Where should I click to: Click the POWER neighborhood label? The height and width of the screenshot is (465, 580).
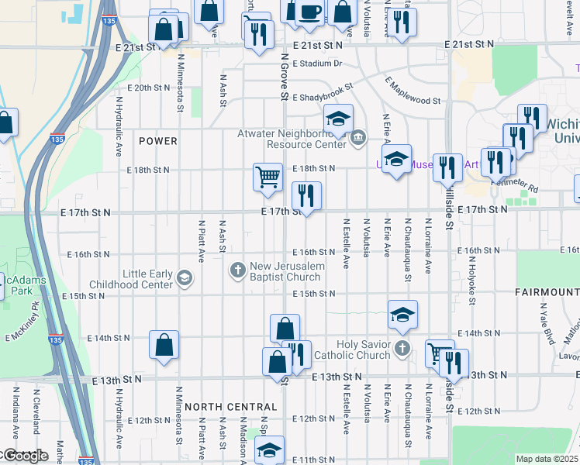[158, 141]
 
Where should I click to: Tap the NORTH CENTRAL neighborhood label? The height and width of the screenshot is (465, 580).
[231, 407]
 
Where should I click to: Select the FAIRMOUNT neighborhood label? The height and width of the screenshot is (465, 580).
[547, 292]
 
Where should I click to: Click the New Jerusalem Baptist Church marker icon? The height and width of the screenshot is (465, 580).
[238, 270]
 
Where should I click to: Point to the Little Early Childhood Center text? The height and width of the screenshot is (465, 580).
[147, 279]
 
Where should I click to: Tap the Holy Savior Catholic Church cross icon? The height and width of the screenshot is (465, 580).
[401, 348]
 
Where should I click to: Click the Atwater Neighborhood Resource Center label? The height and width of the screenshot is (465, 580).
[291, 139]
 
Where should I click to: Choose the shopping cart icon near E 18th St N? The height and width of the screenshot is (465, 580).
[268, 177]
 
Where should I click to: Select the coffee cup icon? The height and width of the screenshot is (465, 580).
[309, 12]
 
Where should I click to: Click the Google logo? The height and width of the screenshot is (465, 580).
[25, 456]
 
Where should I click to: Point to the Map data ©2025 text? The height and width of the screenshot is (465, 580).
[547, 459]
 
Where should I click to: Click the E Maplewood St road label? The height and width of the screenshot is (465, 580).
[413, 90]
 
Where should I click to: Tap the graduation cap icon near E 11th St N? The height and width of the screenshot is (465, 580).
[269, 449]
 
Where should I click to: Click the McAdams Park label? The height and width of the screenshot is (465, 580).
[16, 285]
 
